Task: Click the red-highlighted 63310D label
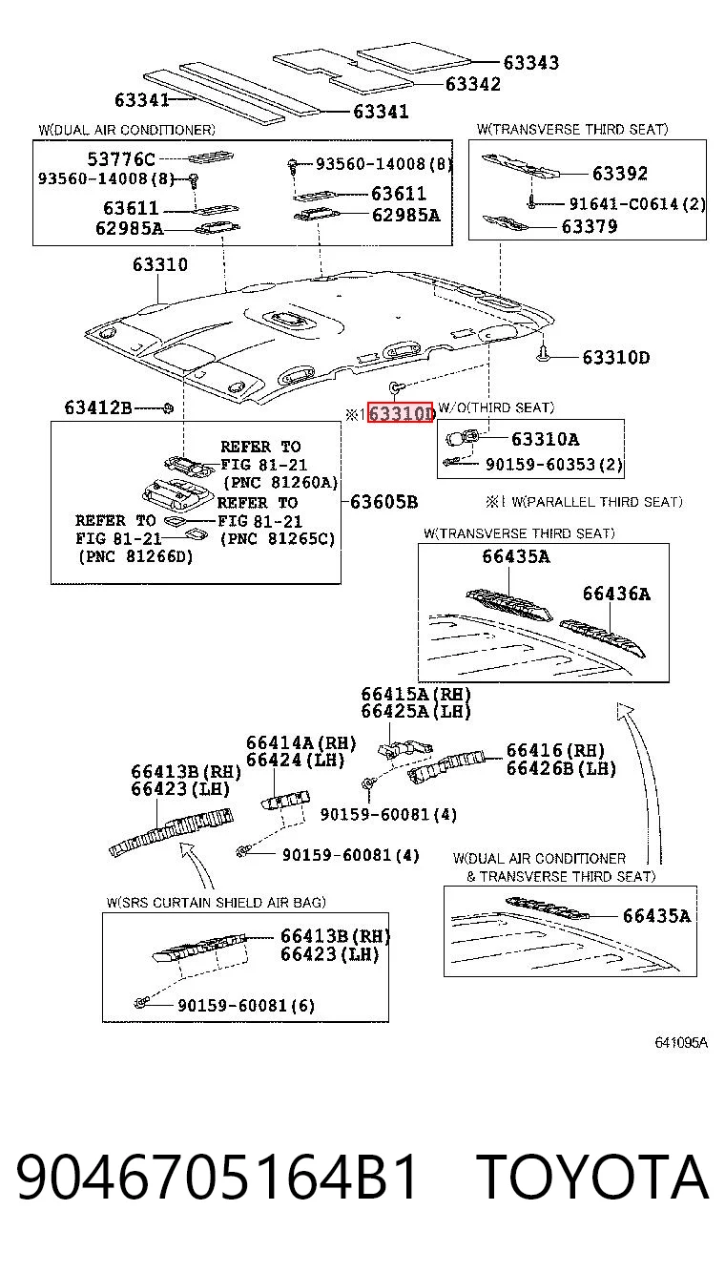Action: (x=401, y=413)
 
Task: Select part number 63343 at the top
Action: (x=531, y=63)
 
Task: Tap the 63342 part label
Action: (x=473, y=84)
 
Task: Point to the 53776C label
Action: (x=121, y=159)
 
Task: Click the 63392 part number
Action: (x=620, y=174)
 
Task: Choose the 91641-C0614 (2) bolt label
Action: (x=637, y=203)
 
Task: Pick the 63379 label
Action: (x=590, y=227)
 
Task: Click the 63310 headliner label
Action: (x=160, y=264)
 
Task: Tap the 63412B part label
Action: (x=97, y=407)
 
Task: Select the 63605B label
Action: (x=384, y=502)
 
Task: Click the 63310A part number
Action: (x=546, y=439)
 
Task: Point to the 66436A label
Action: (x=616, y=594)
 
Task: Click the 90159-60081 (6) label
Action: (x=246, y=1006)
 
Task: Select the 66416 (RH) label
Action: (x=556, y=750)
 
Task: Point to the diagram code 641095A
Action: (x=681, y=1042)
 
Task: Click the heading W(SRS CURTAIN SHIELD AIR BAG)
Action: (x=216, y=902)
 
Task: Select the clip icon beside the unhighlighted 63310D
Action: (x=544, y=354)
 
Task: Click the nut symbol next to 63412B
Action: (x=168, y=407)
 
